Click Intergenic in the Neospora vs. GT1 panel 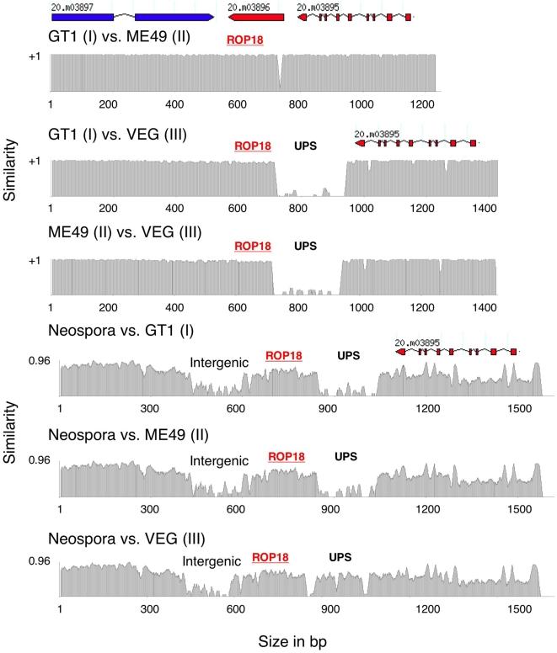[219, 363]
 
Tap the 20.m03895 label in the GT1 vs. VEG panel [378, 133]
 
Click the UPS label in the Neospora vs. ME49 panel [345, 457]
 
